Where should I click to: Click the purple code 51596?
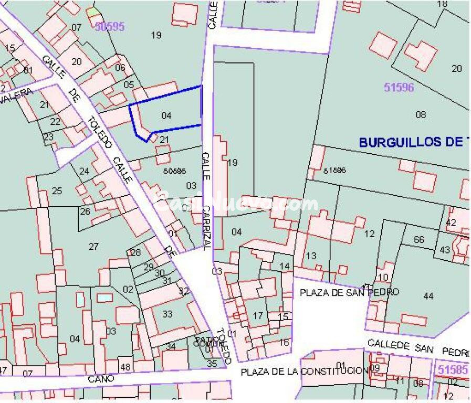(x=399, y=87)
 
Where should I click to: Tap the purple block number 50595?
(x=109, y=26)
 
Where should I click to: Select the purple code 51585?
(x=452, y=370)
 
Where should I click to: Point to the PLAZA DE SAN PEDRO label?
(x=350, y=292)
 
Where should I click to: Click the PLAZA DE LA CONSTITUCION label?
(x=305, y=372)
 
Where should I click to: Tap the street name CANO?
(x=100, y=378)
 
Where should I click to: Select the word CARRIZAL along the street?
(x=207, y=225)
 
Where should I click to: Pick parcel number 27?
(x=93, y=247)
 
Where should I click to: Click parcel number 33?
(x=167, y=314)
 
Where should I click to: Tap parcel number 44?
(x=428, y=296)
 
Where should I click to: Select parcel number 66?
(x=418, y=240)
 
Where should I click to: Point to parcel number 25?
(x=57, y=190)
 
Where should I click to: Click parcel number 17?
(x=258, y=316)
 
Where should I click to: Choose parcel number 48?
(x=125, y=367)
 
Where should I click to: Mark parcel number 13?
(x=311, y=256)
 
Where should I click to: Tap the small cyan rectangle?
(x=104, y=298)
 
